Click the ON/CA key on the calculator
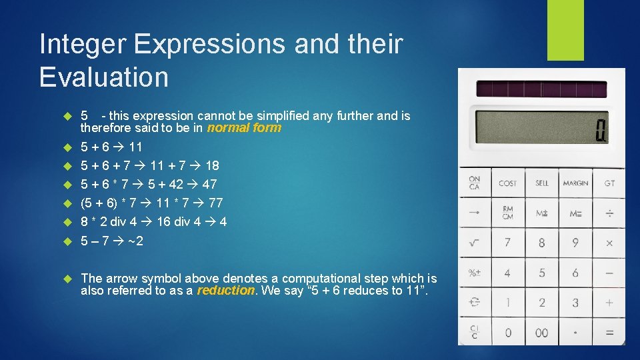(x=475, y=183)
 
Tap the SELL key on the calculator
(x=542, y=183)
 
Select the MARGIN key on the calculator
(x=575, y=183)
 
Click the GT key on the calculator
(x=609, y=183)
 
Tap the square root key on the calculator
(x=475, y=243)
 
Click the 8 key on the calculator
(x=542, y=243)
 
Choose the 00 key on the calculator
(x=542, y=333)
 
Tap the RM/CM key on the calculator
(x=508, y=213)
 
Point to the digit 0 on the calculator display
(x=600, y=129)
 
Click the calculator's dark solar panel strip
(x=541, y=89)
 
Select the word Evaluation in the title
(x=104, y=77)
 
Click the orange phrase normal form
(x=244, y=128)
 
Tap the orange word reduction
(x=226, y=291)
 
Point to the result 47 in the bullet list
(x=209, y=184)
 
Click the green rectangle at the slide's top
(x=565, y=30)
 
